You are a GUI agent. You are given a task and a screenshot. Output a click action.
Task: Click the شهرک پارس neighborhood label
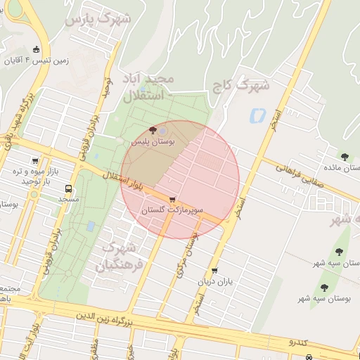98,19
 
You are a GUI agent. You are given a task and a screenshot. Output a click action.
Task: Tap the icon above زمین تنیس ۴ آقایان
37,49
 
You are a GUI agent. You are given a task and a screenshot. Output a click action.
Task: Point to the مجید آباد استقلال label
146,86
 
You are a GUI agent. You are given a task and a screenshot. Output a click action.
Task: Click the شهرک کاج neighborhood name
241,85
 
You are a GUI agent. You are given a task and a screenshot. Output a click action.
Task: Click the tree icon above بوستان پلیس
153,130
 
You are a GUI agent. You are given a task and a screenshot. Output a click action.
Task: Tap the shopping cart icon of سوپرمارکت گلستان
172,199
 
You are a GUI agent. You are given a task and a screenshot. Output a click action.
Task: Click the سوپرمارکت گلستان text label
172,210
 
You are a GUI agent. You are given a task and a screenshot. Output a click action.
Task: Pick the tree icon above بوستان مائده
344,157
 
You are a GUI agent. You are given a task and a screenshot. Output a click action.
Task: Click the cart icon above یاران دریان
214,270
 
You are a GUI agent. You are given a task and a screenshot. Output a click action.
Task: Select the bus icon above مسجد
68,188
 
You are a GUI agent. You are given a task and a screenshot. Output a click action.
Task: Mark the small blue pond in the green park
91,226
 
